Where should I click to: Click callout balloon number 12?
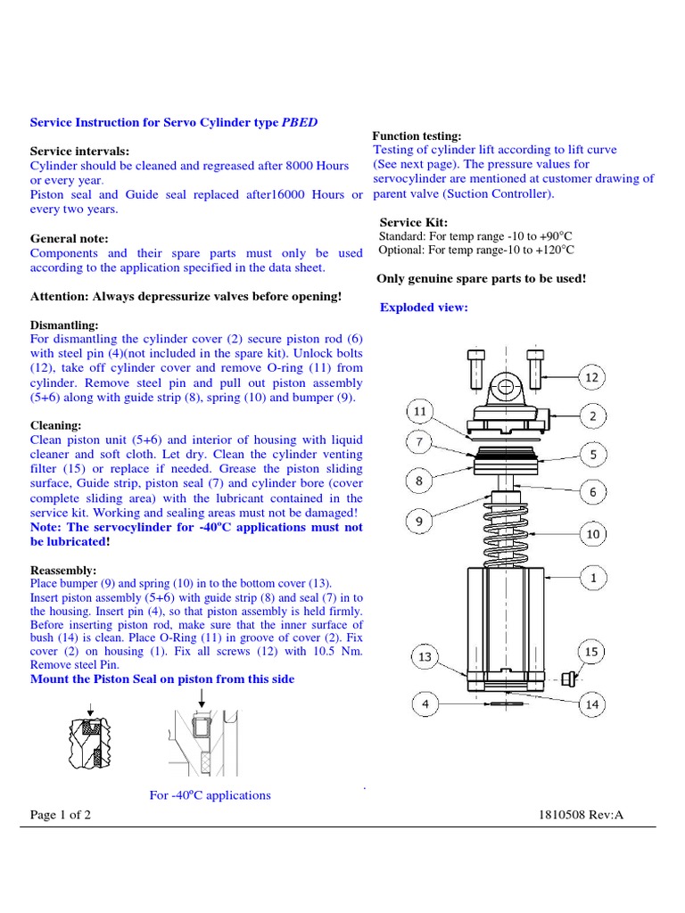tap(592, 378)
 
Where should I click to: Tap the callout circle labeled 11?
tap(420, 412)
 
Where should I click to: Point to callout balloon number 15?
tap(590, 653)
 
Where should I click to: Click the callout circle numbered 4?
tap(425, 705)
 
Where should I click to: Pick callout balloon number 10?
tap(593, 535)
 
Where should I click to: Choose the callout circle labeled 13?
tap(425, 657)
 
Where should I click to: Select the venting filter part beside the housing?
tap(567, 680)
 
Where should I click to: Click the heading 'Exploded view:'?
tap(424, 308)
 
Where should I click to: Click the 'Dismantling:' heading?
tap(65, 325)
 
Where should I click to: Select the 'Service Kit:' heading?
tap(414, 222)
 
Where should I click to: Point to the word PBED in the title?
tap(299, 122)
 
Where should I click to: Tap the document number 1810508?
tap(567, 815)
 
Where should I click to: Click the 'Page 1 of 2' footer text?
tap(61, 815)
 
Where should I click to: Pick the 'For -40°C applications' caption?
tap(210, 794)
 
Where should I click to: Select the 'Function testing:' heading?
tap(417, 136)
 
